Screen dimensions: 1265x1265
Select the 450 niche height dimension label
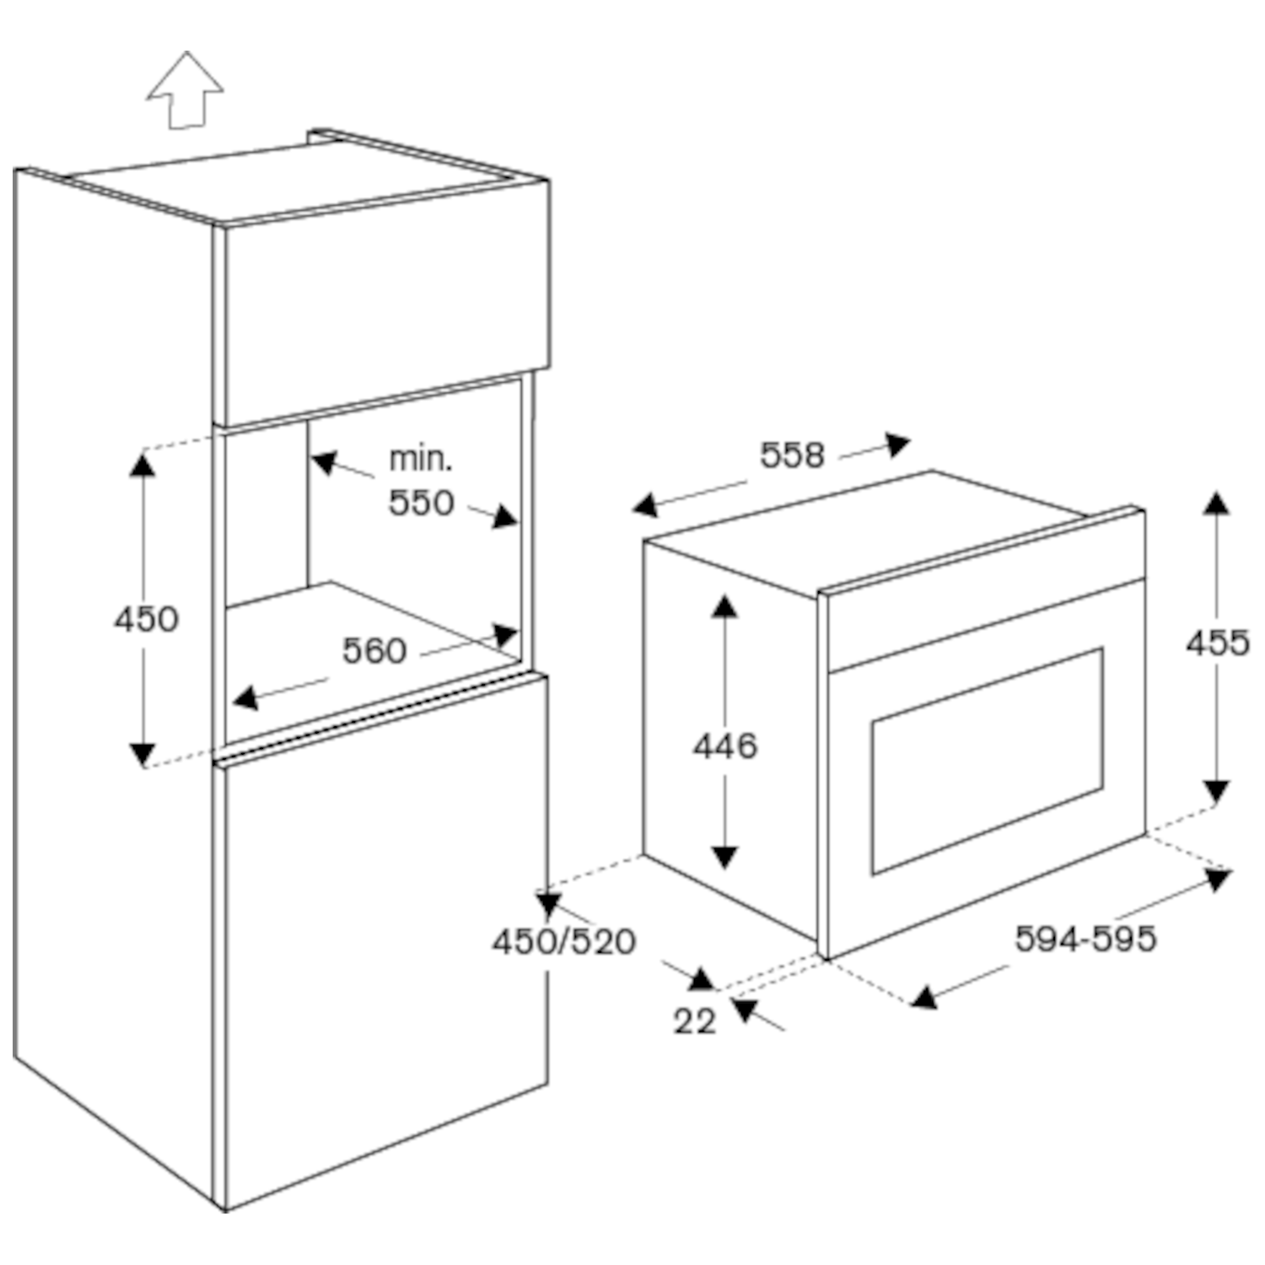(x=146, y=619)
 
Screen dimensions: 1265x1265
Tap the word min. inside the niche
(x=420, y=459)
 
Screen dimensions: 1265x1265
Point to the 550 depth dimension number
(x=421, y=503)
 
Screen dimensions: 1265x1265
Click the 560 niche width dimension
(x=374, y=650)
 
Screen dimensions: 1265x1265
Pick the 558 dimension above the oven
(x=792, y=455)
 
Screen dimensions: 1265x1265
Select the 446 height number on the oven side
(x=725, y=746)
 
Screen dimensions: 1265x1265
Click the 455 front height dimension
(x=1217, y=643)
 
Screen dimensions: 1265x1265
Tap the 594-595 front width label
(x=1085, y=938)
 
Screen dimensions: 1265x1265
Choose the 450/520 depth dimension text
(x=563, y=941)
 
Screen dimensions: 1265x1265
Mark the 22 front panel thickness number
(x=694, y=1020)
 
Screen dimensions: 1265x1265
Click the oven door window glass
(x=987, y=762)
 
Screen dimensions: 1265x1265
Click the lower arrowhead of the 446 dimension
(x=724, y=857)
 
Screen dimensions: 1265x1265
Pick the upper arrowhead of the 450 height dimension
(x=143, y=465)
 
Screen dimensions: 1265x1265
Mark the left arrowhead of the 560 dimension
(x=245, y=697)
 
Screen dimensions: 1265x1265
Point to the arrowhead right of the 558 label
(x=897, y=444)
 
